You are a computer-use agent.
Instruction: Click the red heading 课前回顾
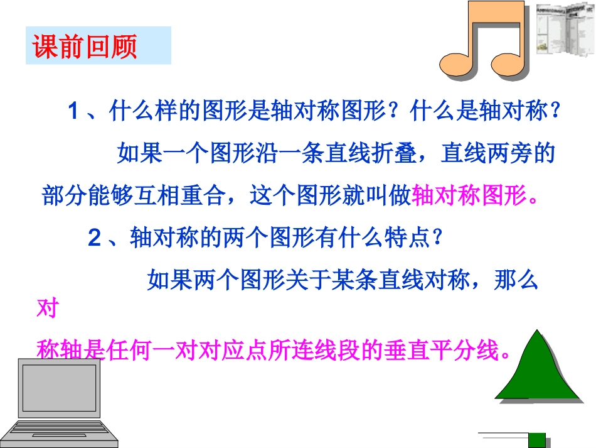(x=85, y=46)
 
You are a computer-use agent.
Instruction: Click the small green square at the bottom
(x=538, y=440)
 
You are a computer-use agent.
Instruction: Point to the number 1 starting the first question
(x=73, y=112)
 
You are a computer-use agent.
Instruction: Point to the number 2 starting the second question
(x=95, y=238)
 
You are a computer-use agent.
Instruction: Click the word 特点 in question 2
(x=403, y=238)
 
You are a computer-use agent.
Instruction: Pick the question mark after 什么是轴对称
(x=553, y=112)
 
